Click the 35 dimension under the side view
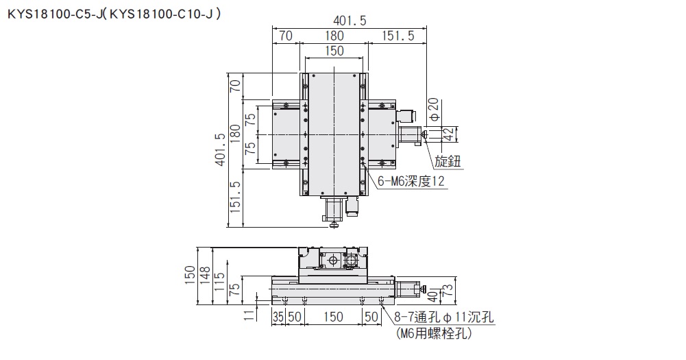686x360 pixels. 278,317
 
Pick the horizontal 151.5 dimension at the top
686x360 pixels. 395,36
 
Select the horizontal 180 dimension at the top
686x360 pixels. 334,36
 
